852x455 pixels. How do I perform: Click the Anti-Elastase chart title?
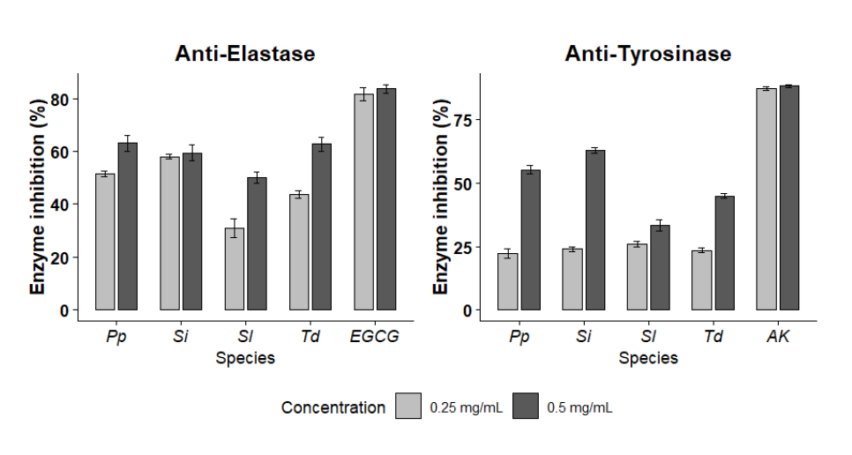244,54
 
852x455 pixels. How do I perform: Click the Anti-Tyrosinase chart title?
648,54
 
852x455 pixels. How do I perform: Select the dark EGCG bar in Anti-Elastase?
386,199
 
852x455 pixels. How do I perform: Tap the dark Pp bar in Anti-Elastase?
128,227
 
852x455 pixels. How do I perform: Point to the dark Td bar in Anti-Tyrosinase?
724,253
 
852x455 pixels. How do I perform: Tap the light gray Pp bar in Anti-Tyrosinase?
507,281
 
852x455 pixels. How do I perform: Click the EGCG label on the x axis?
375,337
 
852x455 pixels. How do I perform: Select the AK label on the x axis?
777,337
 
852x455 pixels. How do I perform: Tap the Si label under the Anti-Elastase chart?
180,337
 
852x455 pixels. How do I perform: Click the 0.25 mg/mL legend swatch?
408,407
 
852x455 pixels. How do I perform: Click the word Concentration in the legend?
333,407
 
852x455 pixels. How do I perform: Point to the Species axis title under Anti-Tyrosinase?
648,358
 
